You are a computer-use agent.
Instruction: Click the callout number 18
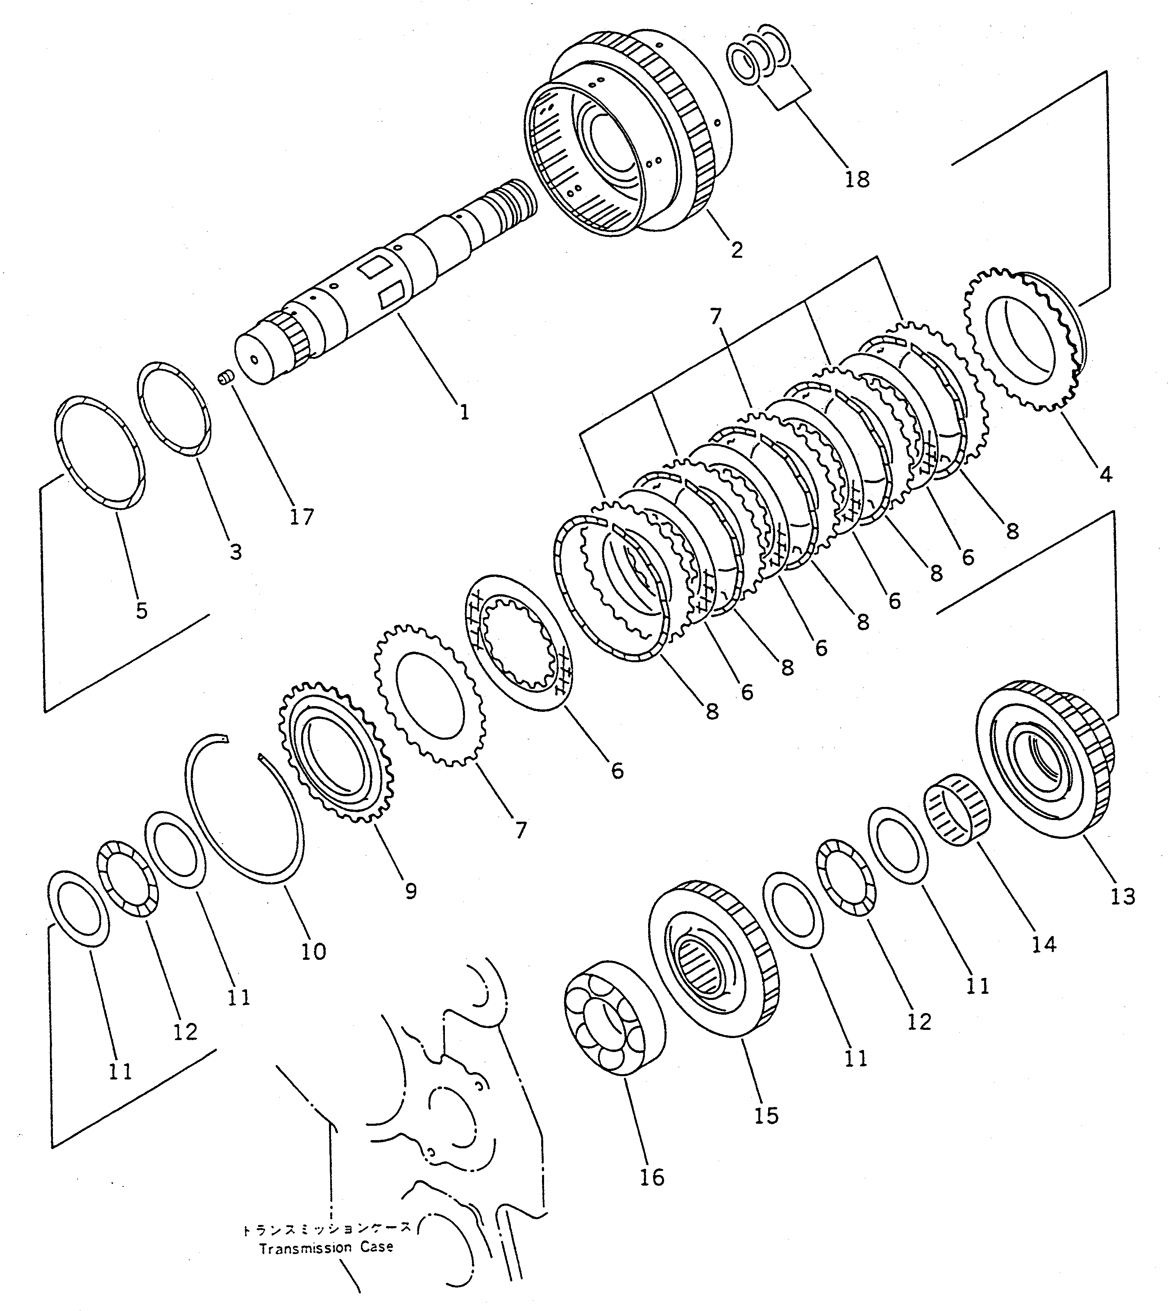[857, 179]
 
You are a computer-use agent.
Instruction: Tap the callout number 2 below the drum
[736, 249]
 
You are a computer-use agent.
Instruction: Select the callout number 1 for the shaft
[464, 411]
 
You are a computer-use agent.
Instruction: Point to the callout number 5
[141, 610]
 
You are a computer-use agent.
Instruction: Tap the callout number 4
[1105, 475]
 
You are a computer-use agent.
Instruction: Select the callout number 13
[1123, 896]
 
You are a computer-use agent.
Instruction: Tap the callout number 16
[651, 1177]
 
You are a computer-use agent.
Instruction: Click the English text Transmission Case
[325, 1248]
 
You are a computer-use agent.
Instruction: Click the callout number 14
[1043, 944]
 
